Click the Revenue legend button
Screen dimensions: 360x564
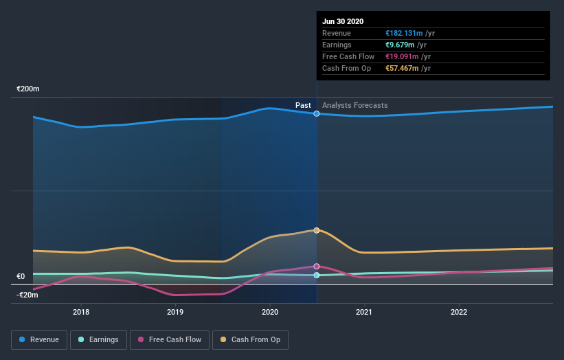point(38,339)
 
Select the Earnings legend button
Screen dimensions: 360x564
point(98,339)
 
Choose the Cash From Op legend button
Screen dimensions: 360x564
point(251,339)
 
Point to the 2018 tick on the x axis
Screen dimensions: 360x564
point(81,312)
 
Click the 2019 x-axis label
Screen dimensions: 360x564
point(175,312)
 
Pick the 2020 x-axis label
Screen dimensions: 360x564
point(270,312)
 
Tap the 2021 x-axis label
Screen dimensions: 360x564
point(364,312)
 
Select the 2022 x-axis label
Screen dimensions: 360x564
point(458,312)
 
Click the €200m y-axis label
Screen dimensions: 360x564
point(29,89)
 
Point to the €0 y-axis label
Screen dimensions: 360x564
point(21,277)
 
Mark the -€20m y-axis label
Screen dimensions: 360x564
point(27,295)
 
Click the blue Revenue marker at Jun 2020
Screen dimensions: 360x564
point(317,113)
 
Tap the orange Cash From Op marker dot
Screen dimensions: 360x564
point(317,230)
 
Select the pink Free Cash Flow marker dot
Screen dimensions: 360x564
point(317,266)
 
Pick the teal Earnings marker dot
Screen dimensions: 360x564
point(317,275)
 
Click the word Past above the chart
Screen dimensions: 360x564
point(303,105)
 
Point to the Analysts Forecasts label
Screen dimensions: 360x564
point(355,105)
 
